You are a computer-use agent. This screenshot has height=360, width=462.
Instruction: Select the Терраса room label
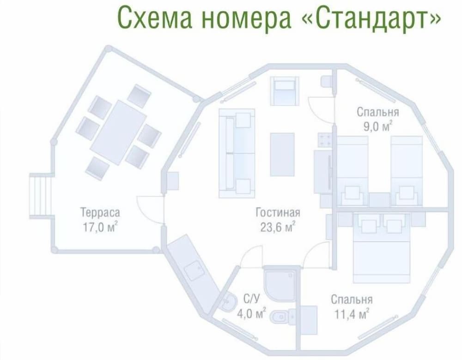pyautogui.click(x=100, y=212)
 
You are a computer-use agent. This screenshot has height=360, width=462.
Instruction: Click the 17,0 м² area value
pyautogui.click(x=100, y=227)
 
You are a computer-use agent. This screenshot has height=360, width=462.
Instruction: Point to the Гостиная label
pyautogui.click(x=278, y=212)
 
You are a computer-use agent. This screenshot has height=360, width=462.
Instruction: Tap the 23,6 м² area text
pyautogui.click(x=278, y=227)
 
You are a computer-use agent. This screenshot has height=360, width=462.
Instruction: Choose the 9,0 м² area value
pyautogui.click(x=378, y=126)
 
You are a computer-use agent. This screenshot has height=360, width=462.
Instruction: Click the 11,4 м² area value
pyautogui.click(x=352, y=314)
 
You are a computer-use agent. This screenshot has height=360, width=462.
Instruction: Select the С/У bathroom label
pyautogui.click(x=252, y=299)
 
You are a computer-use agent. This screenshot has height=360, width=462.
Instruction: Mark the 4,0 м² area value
pyautogui.click(x=252, y=314)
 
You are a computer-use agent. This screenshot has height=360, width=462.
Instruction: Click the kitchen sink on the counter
pyautogui.click(x=194, y=270)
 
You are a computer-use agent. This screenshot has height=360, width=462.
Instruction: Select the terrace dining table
pyautogui.click(x=119, y=133)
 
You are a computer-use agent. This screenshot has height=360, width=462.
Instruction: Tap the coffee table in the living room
pyautogui.click(x=282, y=154)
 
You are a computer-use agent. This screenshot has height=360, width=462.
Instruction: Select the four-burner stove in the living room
pyautogui.click(x=325, y=139)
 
